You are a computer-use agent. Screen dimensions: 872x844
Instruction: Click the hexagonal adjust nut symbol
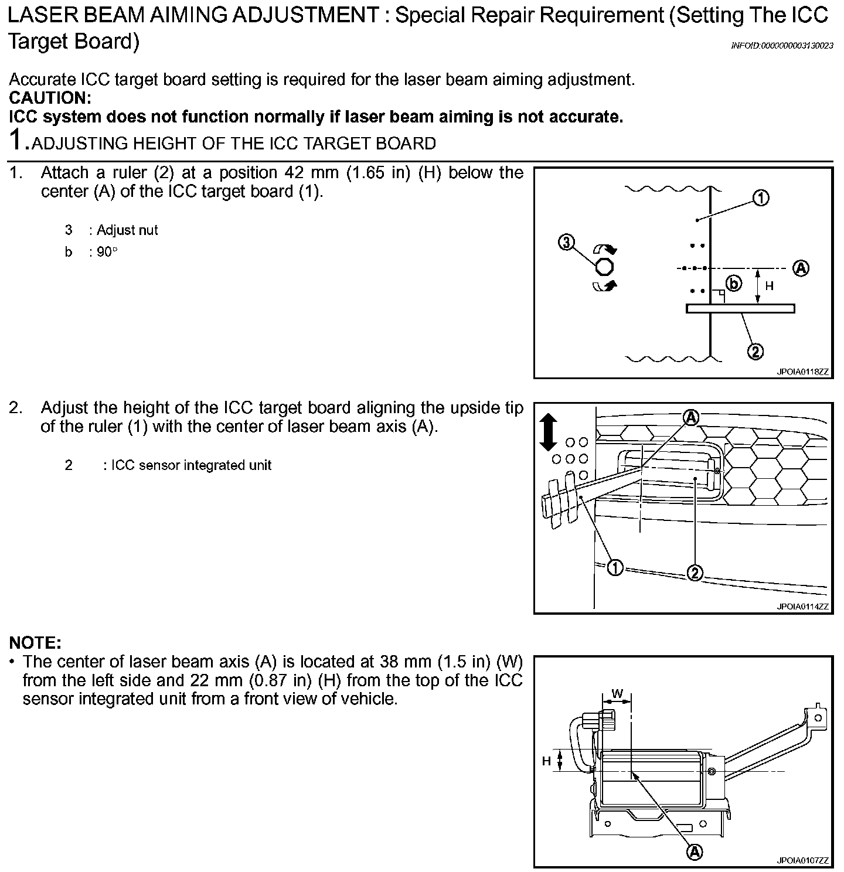[x=604, y=267]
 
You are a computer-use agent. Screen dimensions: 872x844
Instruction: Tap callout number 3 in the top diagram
[x=566, y=243]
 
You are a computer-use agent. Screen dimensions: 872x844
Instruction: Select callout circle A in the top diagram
[x=801, y=268]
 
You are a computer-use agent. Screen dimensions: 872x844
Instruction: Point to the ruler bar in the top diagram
[x=740, y=308]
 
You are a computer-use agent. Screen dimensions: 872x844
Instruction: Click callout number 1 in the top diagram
[x=761, y=199]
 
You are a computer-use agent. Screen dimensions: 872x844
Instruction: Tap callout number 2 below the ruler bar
[x=755, y=352]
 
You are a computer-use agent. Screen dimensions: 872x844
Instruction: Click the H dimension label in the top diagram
[x=770, y=287]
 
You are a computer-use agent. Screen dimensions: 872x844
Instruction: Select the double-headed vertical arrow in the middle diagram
[x=548, y=432]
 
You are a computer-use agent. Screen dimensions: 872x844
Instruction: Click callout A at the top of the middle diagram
[x=692, y=417]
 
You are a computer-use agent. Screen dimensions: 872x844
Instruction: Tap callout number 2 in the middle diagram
[x=695, y=573]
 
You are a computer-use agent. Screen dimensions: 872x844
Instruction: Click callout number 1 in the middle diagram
[x=615, y=567]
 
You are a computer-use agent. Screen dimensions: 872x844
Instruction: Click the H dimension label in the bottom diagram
[x=546, y=761]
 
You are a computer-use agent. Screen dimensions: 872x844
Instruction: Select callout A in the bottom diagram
[x=694, y=851]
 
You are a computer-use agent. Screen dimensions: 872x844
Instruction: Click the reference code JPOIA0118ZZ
[x=802, y=372]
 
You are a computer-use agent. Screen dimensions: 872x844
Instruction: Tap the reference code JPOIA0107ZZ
[x=802, y=860]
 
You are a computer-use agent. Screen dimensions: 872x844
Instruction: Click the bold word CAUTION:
[x=50, y=98]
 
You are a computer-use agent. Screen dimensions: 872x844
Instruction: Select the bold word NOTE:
[x=35, y=643]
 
